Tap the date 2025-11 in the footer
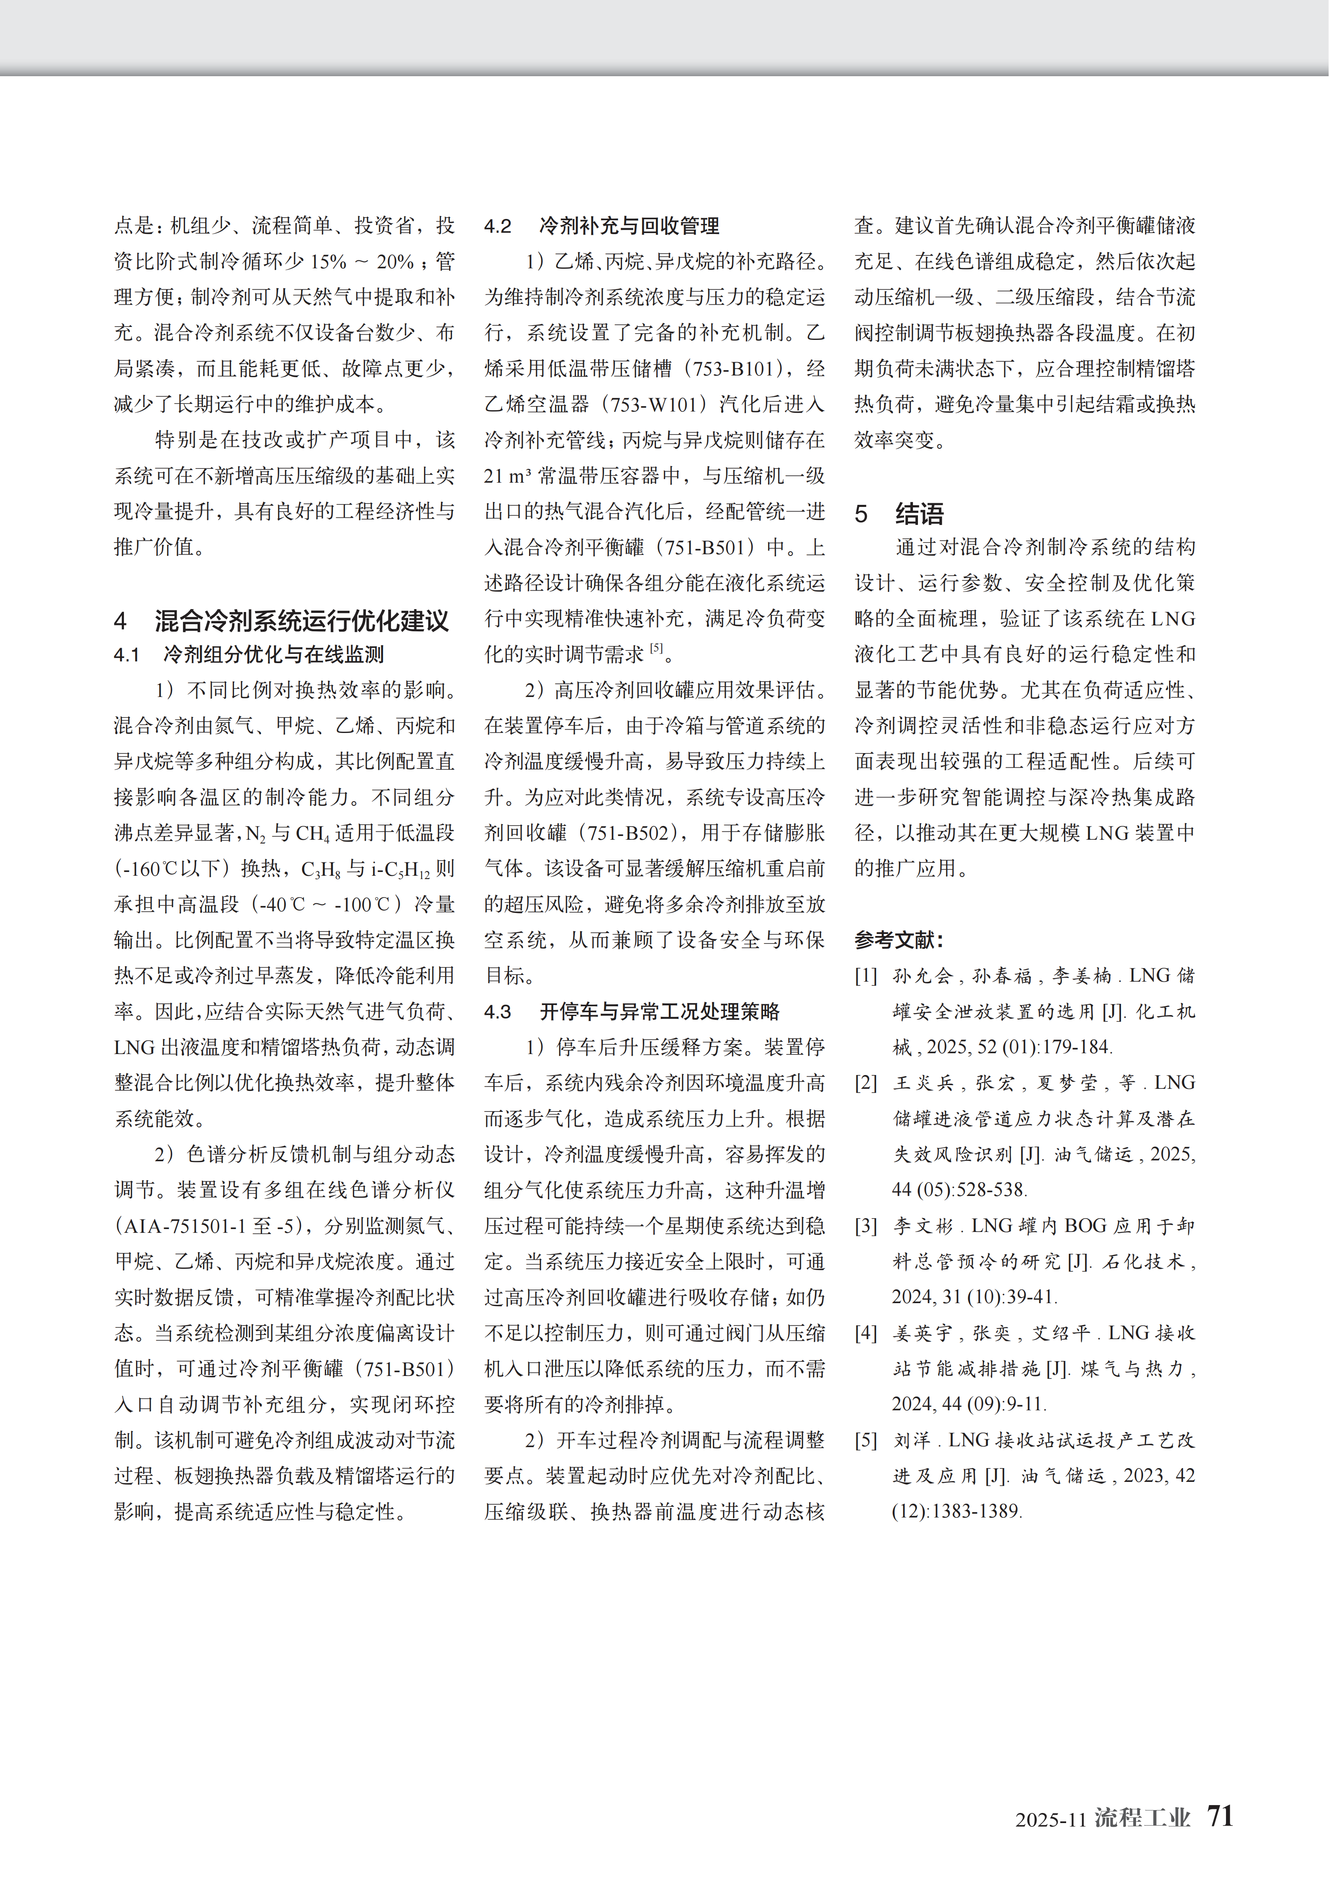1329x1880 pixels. click(x=1050, y=1819)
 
